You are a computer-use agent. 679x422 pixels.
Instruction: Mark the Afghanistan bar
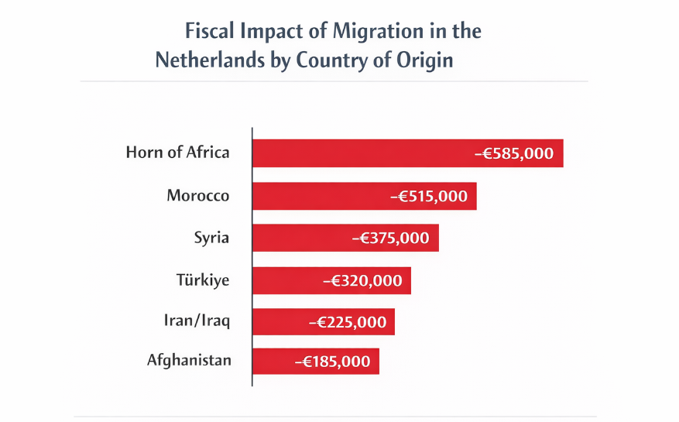[x=270, y=361]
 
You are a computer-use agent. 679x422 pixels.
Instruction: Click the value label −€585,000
[x=514, y=153]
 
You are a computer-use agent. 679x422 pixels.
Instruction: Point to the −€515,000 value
[x=429, y=196]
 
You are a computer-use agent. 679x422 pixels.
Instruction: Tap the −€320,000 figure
[x=362, y=280]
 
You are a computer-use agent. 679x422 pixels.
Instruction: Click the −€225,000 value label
[x=347, y=322]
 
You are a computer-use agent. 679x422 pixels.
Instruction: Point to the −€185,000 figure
[x=332, y=361]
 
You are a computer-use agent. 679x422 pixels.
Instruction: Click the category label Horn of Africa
[x=177, y=152]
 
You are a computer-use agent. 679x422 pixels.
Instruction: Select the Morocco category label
[x=198, y=195]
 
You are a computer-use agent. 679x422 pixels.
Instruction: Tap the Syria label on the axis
[x=211, y=238]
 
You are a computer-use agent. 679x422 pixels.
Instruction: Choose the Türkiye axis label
[x=203, y=280]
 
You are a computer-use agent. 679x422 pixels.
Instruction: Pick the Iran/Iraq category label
[x=197, y=321]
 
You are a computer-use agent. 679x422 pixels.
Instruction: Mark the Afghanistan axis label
[x=189, y=360]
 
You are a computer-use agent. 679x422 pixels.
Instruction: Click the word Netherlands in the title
[x=205, y=60]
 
